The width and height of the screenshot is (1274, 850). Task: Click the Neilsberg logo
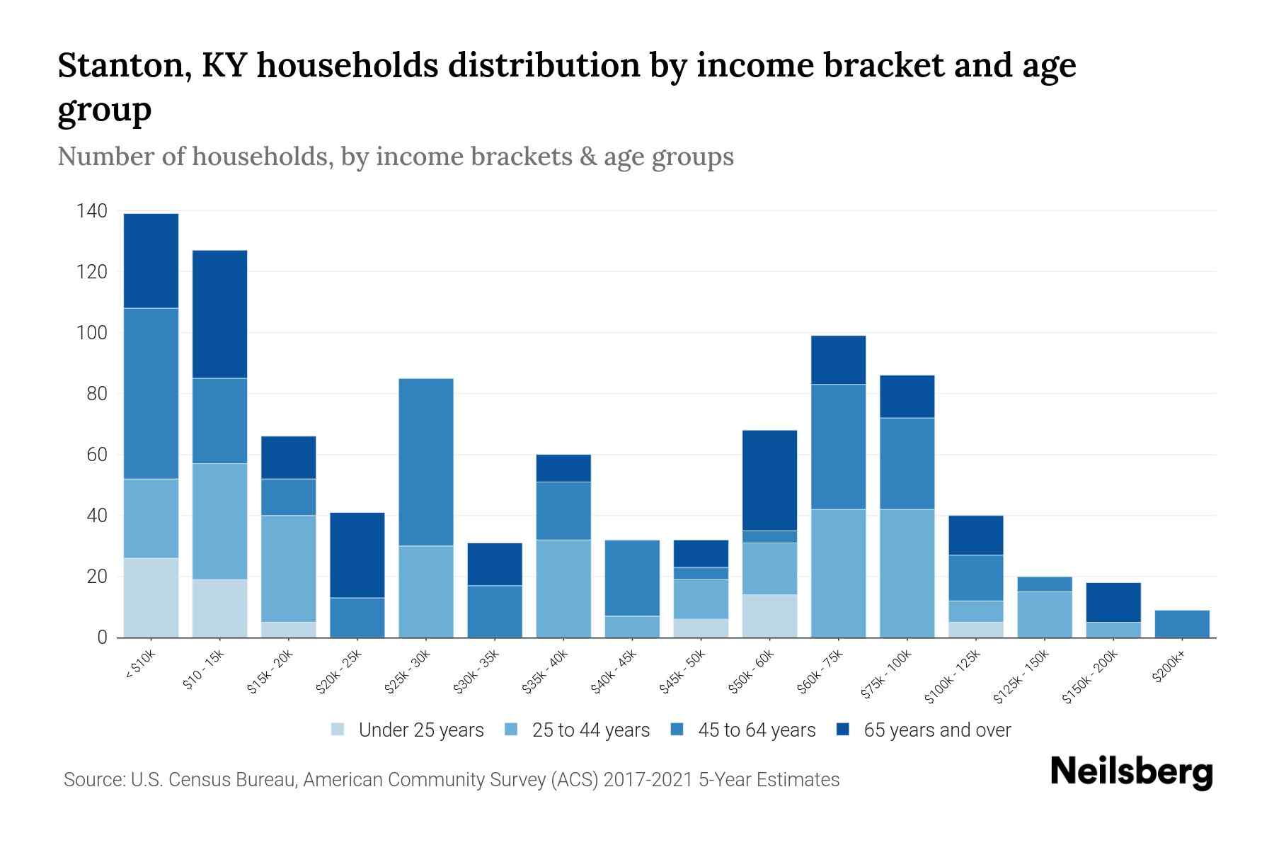click(x=1132, y=772)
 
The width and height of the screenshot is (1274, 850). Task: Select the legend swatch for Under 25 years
click(x=338, y=730)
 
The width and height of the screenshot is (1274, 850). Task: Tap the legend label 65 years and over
click(x=937, y=730)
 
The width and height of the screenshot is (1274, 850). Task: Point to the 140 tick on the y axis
click(x=92, y=211)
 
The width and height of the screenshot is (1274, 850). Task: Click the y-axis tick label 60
click(x=97, y=455)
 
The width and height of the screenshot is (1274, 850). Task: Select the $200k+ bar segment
click(x=1181, y=624)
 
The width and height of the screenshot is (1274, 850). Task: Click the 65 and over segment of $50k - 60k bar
click(x=769, y=480)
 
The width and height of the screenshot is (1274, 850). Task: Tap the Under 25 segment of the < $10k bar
click(x=151, y=598)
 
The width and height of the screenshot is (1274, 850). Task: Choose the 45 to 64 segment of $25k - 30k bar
click(x=426, y=462)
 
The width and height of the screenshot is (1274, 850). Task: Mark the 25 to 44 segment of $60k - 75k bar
click(x=838, y=573)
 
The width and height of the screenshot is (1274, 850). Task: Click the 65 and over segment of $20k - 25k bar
click(x=357, y=555)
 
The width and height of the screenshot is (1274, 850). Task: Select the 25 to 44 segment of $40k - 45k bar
click(x=633, y=627)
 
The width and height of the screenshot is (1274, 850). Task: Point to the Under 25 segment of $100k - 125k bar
click(x=976, y=630)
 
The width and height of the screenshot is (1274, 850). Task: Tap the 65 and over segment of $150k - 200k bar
click(x=1113, y=602)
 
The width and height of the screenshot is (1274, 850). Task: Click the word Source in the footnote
click(x=91, y=780)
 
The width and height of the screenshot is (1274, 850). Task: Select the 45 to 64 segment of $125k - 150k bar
click(x=1044, y=584)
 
